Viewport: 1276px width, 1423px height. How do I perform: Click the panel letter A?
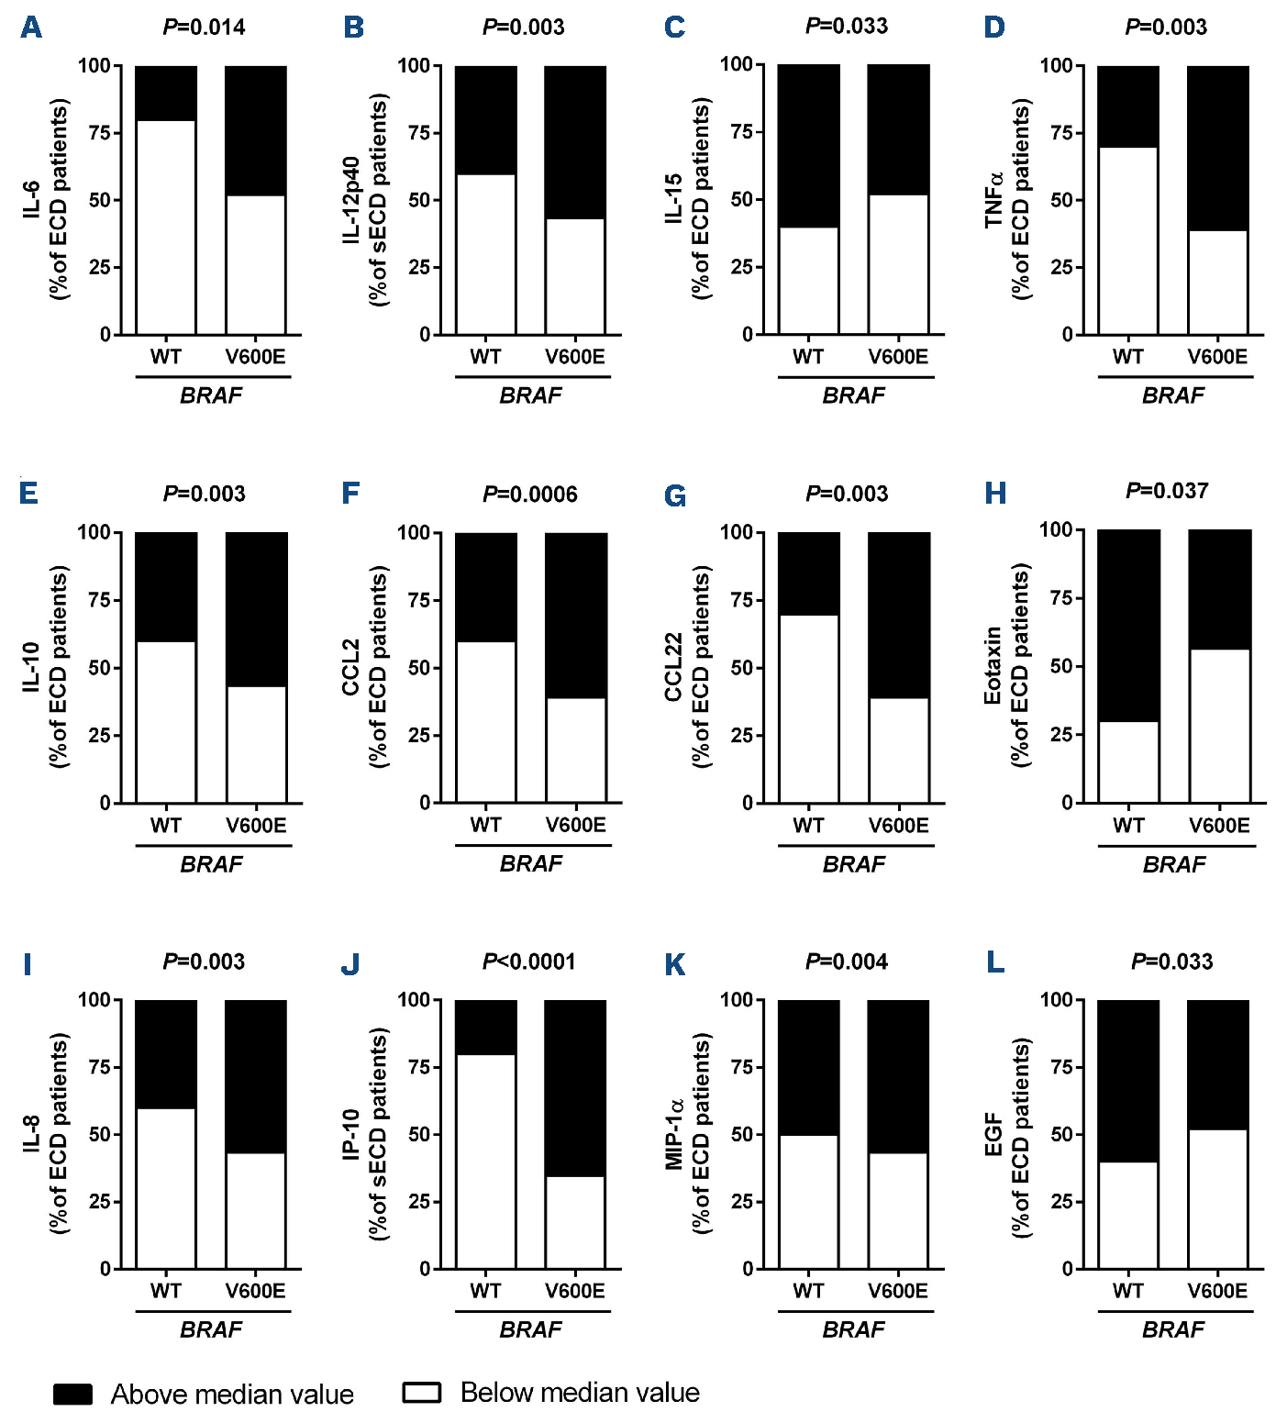tap(31, 28)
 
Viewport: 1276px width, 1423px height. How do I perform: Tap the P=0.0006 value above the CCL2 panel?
tap(530, 495)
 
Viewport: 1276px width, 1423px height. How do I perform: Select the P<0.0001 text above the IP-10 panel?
tap(529, 962)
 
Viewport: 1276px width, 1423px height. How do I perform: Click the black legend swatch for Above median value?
tap(72, 1395)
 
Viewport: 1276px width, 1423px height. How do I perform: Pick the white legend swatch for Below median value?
tap(422, 1393)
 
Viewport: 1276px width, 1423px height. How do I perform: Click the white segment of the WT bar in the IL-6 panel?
tap(166, 227)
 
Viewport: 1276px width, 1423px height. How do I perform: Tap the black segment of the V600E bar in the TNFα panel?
tap(1217, 148)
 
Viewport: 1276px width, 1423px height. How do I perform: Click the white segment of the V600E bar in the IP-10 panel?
tap(575, 1222)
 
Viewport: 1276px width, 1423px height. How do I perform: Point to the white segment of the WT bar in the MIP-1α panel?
tap(808, 1202)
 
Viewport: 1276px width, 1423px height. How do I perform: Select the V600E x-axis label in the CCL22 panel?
tap(898, 826)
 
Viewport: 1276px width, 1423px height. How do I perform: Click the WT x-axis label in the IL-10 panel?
tap(166, 826)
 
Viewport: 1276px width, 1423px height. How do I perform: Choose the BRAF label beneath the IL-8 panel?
tap(211, 1329)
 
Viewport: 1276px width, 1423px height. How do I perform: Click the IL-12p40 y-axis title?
tap(352, 200)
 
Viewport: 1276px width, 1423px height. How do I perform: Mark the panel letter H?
tap(995, 494)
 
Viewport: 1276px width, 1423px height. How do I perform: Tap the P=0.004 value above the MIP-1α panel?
tap(847, 962)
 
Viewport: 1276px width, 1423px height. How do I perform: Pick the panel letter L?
tap(995, 962)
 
